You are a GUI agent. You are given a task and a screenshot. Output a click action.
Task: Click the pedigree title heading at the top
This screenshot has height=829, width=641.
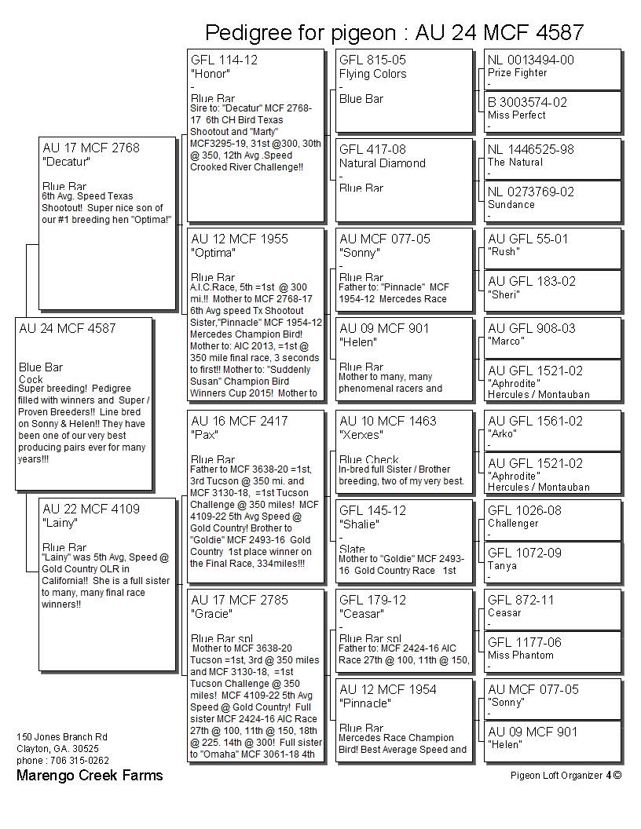coord(394,32)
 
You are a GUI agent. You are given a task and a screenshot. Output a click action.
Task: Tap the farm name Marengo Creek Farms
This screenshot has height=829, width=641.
coord(90,775)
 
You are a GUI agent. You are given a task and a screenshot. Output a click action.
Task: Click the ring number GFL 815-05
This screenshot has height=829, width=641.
coord(372,60)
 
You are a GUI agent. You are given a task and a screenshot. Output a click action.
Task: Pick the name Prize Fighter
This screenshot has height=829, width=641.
coord(517,73)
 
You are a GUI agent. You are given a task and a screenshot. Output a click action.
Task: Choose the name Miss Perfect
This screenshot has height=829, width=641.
coord(516,115)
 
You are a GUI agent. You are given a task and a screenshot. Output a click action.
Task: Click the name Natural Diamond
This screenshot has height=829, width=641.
coord(382,163)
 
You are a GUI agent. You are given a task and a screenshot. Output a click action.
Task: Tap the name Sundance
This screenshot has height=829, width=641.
coord(511,205)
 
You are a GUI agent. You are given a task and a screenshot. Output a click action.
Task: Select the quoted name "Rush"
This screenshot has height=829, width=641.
coord(504,252)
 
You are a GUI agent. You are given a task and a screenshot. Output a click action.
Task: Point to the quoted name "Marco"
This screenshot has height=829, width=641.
coord(507,341)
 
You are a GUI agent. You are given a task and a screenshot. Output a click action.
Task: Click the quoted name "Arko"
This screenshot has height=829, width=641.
coord(503,434)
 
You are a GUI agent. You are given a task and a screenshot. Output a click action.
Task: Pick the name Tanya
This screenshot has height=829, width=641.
coord(503,566)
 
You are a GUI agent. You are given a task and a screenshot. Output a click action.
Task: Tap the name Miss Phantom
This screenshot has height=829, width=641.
coord(520,656)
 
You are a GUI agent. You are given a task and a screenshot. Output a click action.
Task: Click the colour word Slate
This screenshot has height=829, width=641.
coord(352,550)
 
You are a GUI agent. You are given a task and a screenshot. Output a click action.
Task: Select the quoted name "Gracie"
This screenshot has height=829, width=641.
coord(212,614)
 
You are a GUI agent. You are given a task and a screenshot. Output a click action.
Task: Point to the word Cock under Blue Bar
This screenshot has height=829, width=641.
coord(31,379)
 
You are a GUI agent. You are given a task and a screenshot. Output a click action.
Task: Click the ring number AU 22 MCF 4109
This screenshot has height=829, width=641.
coord(91,509)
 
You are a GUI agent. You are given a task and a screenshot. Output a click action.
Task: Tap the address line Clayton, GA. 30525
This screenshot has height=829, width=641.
coord(57,749)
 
